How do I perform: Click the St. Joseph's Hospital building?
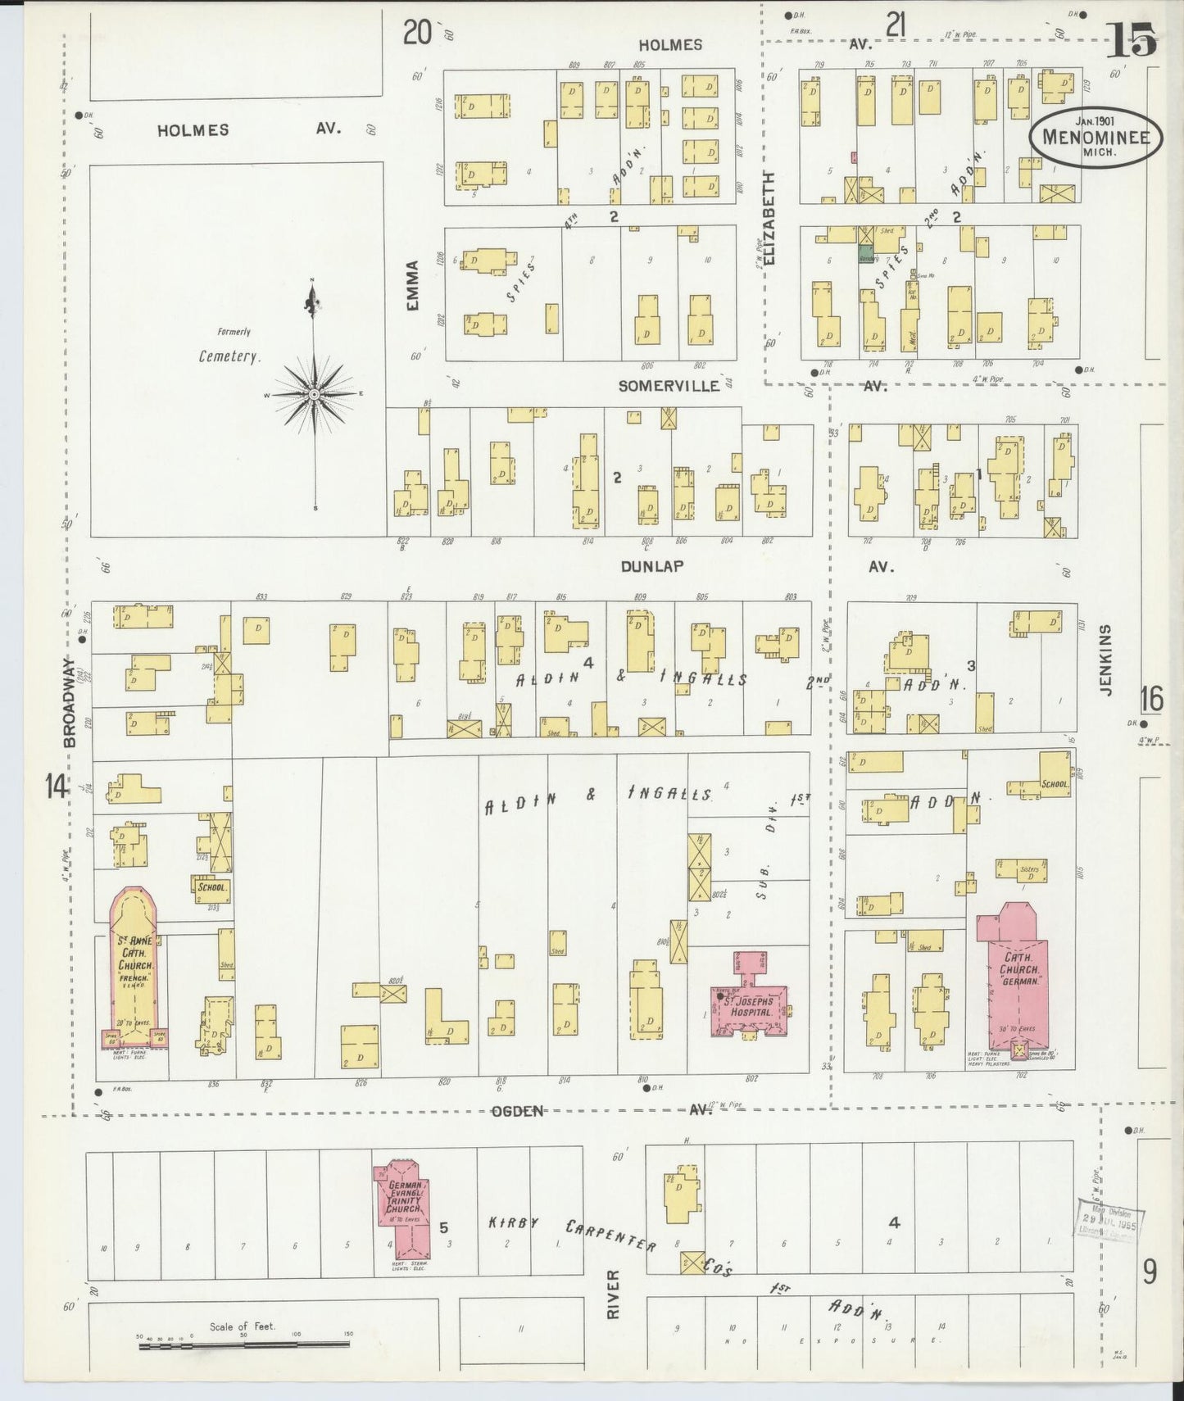pos(751,1000)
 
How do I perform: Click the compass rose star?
pos(314,395)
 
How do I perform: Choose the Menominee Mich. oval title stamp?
pos(1096,138)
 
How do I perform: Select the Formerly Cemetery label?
pos(229,348)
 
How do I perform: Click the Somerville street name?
pos(669,385)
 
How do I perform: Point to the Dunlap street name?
pos(651,566)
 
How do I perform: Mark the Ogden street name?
pos(518,1111)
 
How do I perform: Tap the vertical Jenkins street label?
pos(1105,660)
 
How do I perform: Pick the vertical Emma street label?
pos(412,285)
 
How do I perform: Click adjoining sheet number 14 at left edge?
pos(56,787)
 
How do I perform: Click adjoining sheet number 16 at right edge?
pos(1151,699)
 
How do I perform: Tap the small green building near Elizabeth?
pos(865,256)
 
